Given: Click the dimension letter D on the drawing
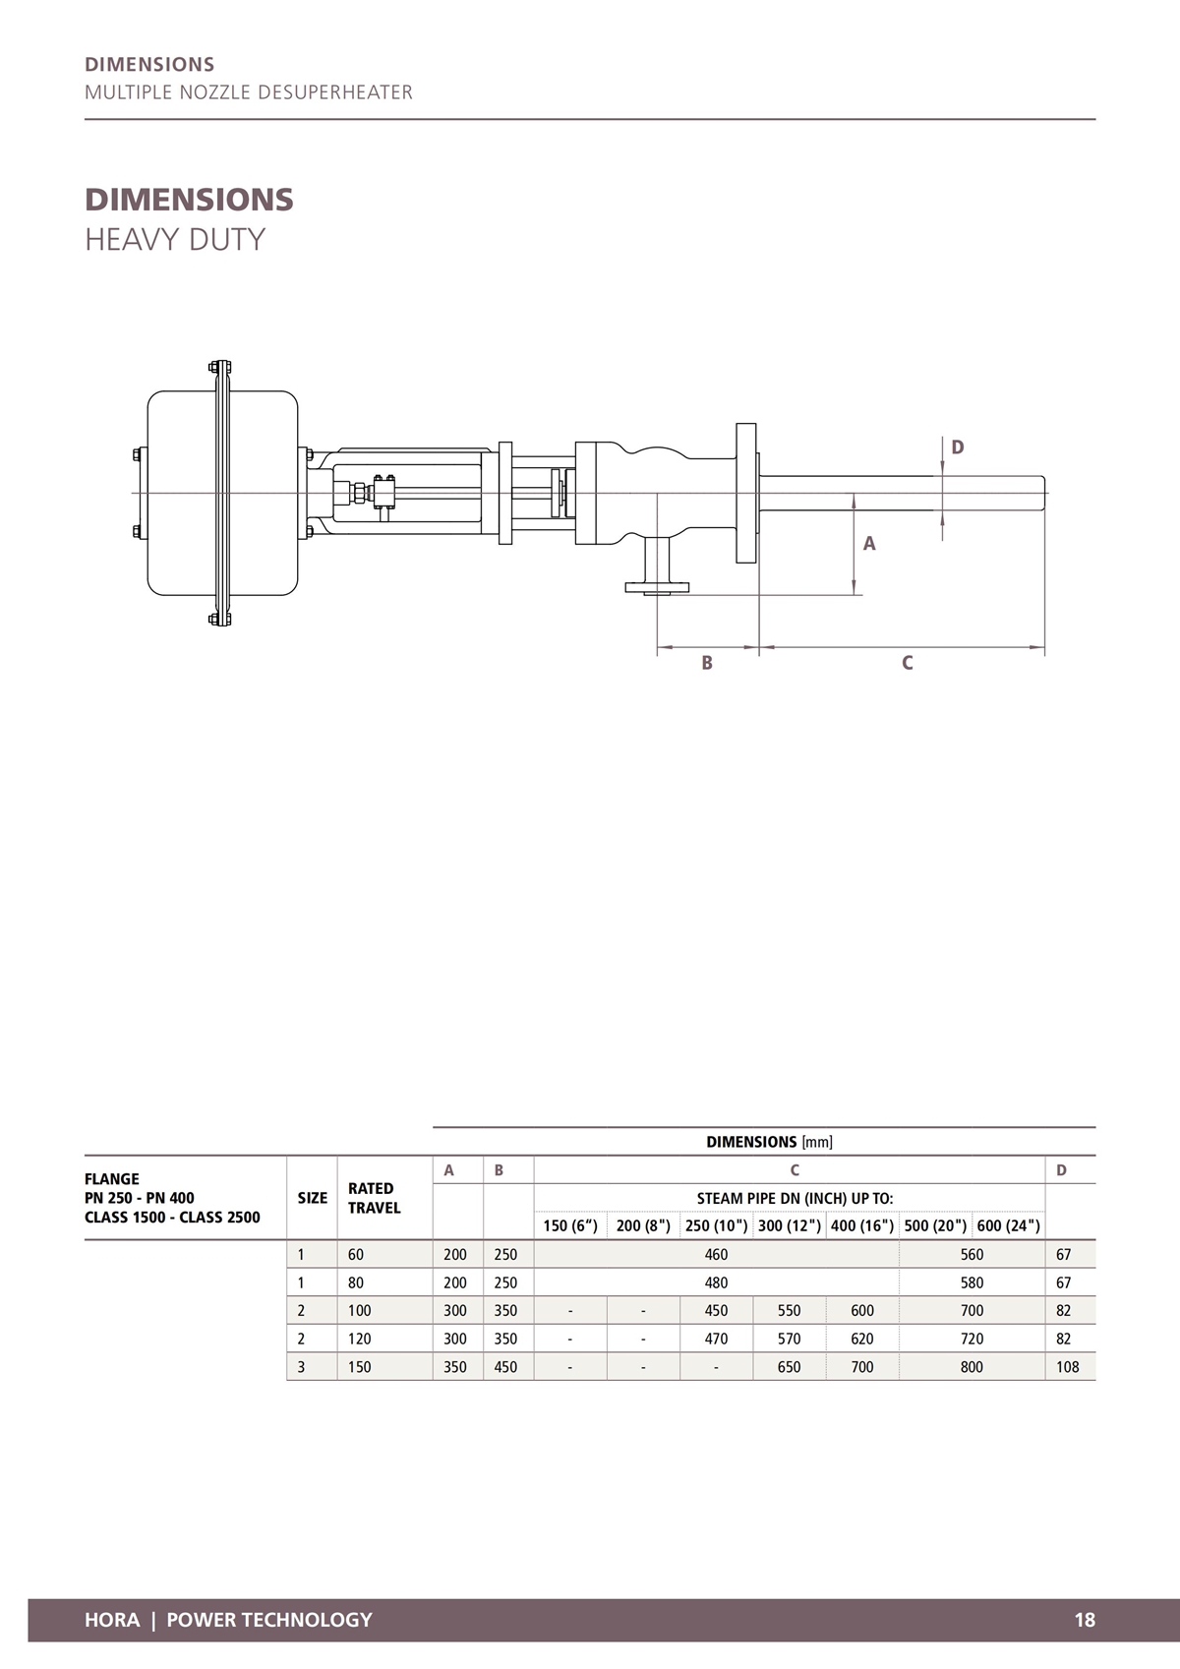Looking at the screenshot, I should (x=958, y=447).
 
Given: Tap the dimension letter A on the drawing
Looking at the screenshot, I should (x=869, y=544).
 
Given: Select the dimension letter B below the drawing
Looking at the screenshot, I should (x=707, y=664).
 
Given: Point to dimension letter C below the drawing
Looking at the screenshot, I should (x=908, y=664).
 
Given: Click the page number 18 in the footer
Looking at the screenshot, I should (x=1085, y=1620).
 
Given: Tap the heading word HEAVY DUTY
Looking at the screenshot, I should (x=175, y=240).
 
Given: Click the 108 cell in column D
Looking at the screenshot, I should (x=1067, y=1367).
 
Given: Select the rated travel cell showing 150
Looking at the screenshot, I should (x=360, y=1367).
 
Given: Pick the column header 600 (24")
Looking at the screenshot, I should (x=1008, y=1225).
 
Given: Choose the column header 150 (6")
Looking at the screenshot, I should (x=570, y=1225).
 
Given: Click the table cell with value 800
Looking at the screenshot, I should (x=972, y=1367).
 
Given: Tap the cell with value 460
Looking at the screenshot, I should (x=716, y=1255).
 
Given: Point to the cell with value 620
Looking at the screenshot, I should (x=862, y=1339).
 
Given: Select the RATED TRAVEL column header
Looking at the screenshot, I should (x=375, y=1198).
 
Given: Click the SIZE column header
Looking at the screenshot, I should (x=313, y=1198).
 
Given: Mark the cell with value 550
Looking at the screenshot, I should (x=789, y=1311).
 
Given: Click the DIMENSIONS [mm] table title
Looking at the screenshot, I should (x=769, y=1142).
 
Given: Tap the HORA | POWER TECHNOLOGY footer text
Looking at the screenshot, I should (x=228, y=1620).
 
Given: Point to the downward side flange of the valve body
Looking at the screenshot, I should (x=657, y=587).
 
